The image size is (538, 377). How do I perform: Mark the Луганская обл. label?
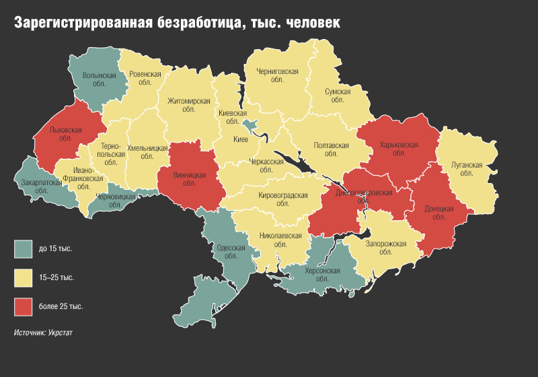pos(465,168)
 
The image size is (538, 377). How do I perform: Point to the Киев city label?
pos(240,139)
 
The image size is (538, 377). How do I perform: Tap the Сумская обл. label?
pos(338,94)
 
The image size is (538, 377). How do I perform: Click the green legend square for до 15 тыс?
pos(23,249)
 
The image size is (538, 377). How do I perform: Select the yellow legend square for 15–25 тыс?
pos(23,277)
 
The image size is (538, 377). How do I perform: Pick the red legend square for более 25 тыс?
pos(23,306)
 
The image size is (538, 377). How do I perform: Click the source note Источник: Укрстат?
pos(43,333)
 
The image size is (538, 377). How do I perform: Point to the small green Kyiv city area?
pos(250,125)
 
